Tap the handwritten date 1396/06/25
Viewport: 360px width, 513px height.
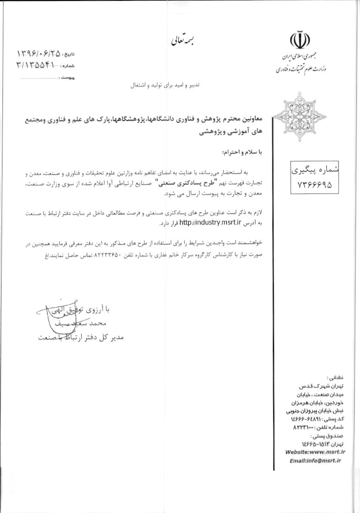click(38, 54)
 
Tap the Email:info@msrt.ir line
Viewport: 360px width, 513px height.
click(315, 460)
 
